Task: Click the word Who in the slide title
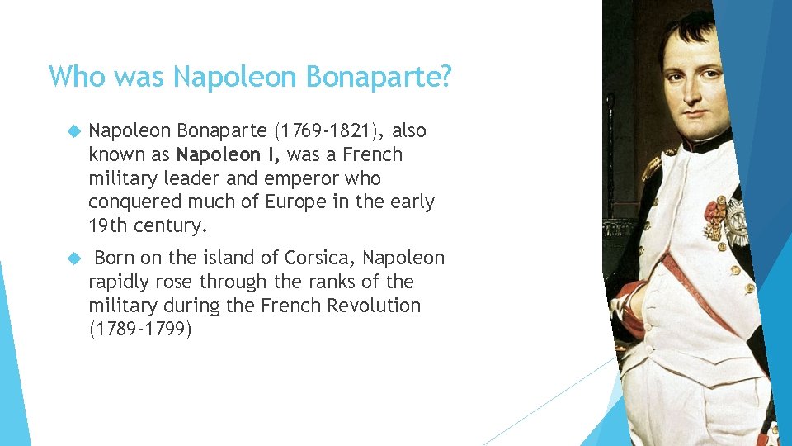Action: pyautogui.click(x=78, y=77)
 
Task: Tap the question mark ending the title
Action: pyautogui.click(x=445, y=77)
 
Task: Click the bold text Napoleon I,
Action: pyautogui.click(x=229, y=155)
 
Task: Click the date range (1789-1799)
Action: pyautogui.click(x=139, y=329)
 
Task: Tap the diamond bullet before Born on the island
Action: pyautogui.click(x=73, y=259)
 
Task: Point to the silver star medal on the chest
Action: pyautogui.click(x=737, y=221)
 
